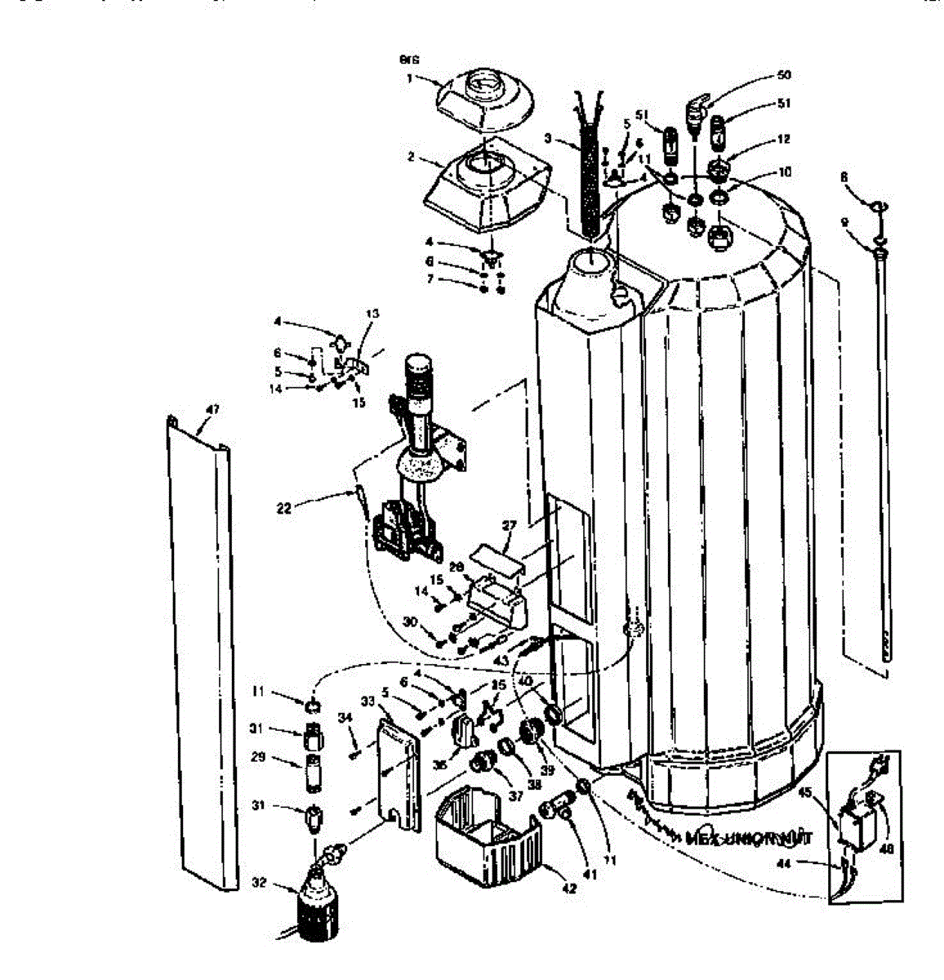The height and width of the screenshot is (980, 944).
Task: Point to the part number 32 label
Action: [259, 882]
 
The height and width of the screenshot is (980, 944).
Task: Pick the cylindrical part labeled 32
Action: [314, 906]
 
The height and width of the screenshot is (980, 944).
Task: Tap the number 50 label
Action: [783, 74]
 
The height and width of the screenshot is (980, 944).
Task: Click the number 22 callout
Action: [284, 508]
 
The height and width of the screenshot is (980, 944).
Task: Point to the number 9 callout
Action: [844, 221]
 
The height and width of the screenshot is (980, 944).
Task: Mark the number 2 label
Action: [412, 155]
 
